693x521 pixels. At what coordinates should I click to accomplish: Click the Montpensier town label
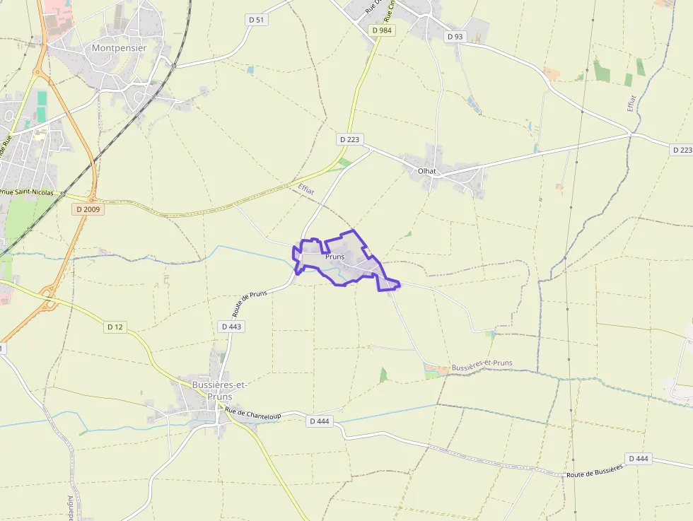pos(119,48)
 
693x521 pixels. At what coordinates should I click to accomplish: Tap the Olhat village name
pos(426,170)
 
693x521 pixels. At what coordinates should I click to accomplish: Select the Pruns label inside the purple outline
pos(335,257)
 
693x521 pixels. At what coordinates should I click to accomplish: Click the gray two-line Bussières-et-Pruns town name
pos(219,390)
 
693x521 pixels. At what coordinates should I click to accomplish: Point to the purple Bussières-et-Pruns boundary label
pos(482,365)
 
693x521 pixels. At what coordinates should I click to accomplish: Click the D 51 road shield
pos(257,20)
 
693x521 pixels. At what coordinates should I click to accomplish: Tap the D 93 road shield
pos(454,36)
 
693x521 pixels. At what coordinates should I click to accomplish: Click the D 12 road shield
pos(115,327)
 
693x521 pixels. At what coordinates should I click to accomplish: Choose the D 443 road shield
pos(231,327)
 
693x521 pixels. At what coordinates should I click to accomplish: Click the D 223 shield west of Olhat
pos(349,139)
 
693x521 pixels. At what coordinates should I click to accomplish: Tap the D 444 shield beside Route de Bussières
pos(637,458)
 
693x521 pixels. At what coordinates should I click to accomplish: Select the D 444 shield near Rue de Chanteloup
pos(320,421)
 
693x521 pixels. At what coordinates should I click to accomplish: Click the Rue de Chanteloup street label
pos(253,414)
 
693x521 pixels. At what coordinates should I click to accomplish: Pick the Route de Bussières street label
pos(595,471)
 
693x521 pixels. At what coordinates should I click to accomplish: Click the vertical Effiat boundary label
pos(631,103)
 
